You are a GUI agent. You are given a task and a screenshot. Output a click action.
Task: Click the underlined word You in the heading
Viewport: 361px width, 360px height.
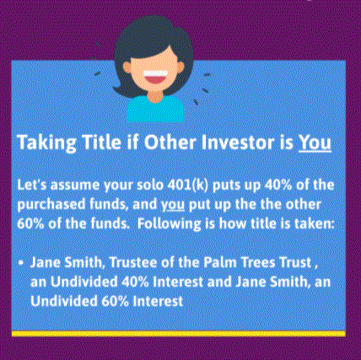(315, 142)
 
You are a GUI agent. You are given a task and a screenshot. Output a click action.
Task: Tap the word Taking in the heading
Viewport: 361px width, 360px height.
(46, 142)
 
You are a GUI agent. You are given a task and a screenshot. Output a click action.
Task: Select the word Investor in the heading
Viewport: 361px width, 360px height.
(238, 142)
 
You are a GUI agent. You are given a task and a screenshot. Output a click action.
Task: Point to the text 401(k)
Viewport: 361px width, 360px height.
(188, 185)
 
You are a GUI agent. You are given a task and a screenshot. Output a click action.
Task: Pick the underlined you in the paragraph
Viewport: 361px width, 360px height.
(173, 205)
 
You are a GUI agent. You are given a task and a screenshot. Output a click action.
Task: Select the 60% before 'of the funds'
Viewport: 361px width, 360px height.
(30, 223)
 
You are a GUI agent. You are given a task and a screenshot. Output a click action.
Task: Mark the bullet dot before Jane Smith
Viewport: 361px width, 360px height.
(20, 263)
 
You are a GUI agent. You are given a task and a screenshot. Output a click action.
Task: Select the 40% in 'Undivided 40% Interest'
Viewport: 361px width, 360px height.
(135, 282)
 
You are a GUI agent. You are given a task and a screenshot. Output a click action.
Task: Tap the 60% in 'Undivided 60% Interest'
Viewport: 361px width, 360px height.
(115, 301)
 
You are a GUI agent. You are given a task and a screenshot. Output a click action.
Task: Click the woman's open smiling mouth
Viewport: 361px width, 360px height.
(155, 78)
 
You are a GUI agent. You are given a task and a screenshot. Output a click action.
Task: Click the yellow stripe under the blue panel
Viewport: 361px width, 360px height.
(179, 334)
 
